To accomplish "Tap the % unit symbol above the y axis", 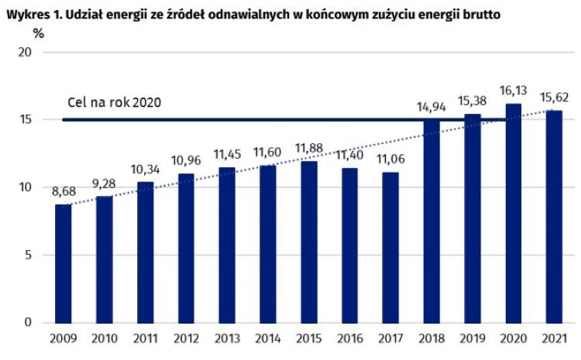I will [36, 34].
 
